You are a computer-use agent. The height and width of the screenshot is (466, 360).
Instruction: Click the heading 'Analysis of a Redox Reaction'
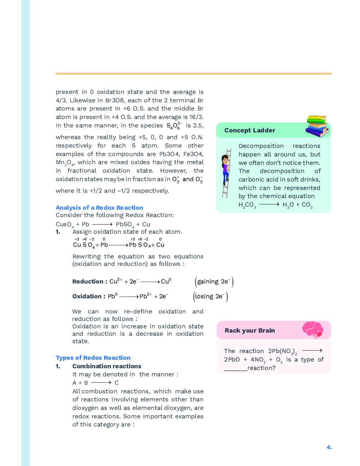(x=99, y=208)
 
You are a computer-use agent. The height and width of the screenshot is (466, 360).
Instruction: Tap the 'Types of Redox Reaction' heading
(x=93, y=358)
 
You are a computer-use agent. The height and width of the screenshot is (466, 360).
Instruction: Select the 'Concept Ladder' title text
(x=250, y=130)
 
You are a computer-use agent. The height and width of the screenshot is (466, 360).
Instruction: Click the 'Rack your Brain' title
(x=250, y=330)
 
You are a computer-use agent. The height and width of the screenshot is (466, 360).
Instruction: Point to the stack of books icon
(x=317, y=126)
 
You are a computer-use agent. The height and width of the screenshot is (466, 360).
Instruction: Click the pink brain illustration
(x=312, y=330)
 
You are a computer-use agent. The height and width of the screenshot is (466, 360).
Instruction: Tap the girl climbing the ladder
(x=225, y=169)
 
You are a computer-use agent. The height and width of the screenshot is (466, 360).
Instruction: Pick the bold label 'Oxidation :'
(x=89, y=296)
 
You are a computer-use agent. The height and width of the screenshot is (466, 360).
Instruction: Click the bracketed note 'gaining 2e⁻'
(x=214, y=281)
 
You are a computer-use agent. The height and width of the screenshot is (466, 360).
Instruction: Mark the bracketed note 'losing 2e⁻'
(x=210, y=296)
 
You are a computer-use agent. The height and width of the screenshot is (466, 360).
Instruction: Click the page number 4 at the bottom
(x=329, y=447)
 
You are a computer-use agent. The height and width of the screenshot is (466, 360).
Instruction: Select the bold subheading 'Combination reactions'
(x=107, y=366)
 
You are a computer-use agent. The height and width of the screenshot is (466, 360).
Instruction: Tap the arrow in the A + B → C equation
(x=101, y=383)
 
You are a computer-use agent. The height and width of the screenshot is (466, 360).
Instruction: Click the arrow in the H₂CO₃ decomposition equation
(x=269, y=204)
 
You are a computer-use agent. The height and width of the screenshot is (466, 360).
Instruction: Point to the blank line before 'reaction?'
(x=235, y=368)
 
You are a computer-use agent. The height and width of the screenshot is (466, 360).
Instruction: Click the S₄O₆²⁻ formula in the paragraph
(x=174, y=126)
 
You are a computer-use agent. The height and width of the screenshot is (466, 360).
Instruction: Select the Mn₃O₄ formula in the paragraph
(x=65, y=163)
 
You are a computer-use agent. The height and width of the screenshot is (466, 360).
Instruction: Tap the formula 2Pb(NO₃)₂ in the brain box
(x=282, y=351)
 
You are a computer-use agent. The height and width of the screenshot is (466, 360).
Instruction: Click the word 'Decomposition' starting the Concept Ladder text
(x=261, y=146)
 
